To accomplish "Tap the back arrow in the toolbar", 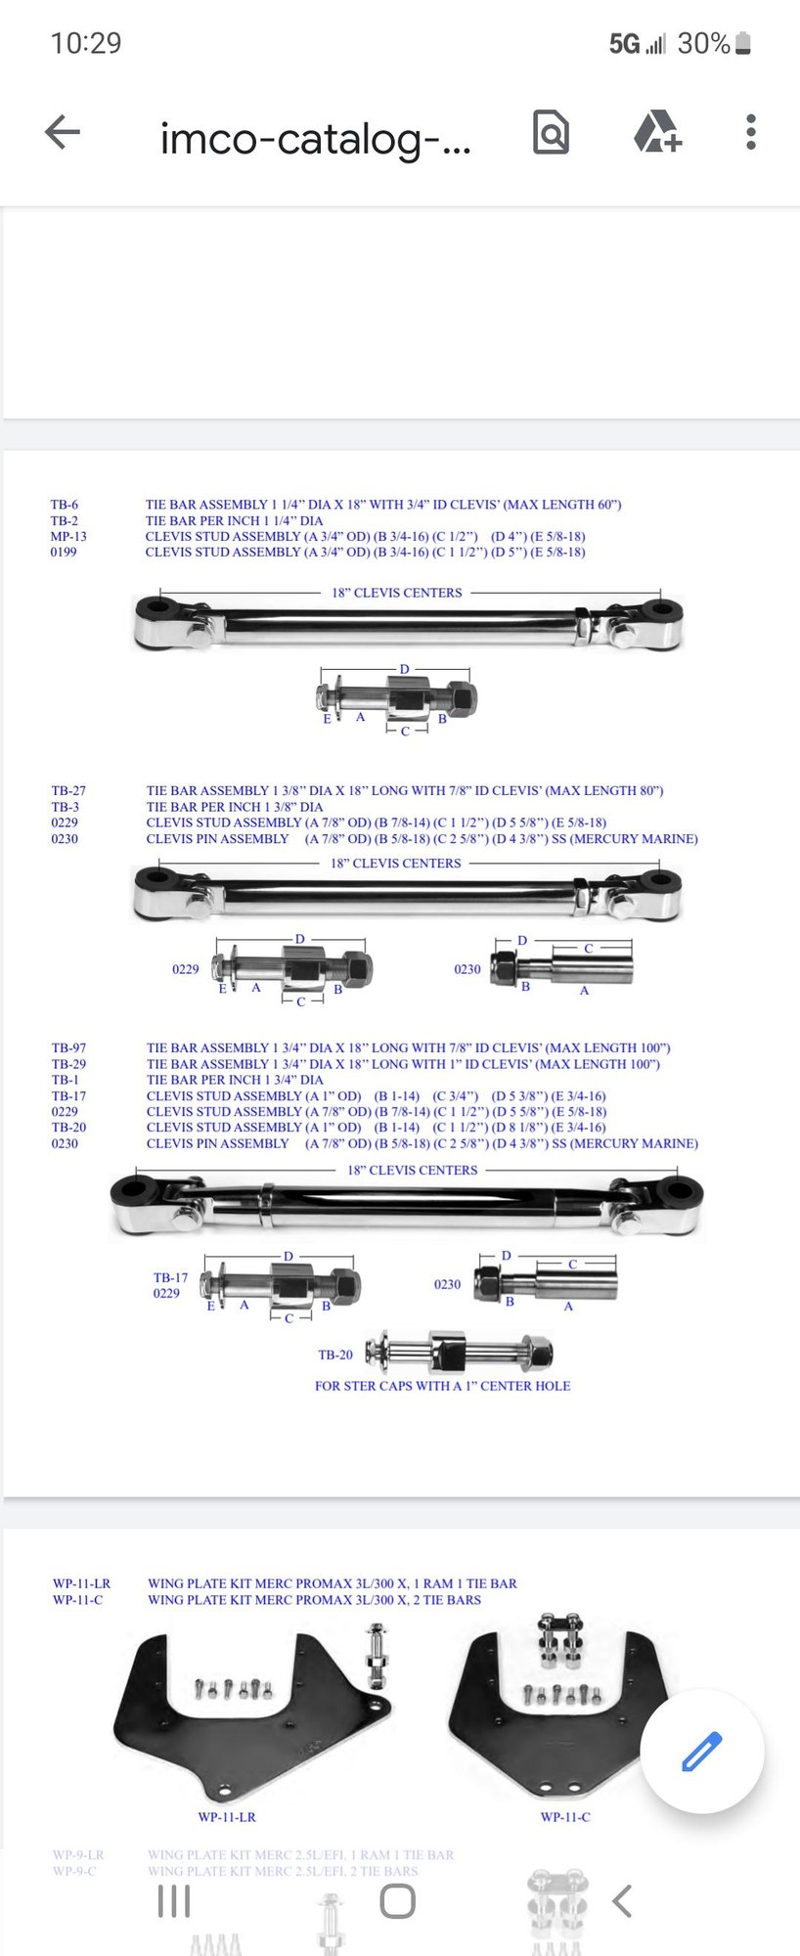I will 63,132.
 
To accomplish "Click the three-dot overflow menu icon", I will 750,132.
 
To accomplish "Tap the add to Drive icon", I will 657,132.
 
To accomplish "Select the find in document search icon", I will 551,132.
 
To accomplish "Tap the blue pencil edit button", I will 701,1751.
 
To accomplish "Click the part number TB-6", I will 65,505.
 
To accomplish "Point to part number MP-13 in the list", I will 68,536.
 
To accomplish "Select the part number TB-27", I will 68,790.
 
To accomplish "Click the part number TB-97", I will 68,1047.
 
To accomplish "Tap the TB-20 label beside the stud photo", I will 335,1355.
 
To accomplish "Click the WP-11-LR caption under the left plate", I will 227,1817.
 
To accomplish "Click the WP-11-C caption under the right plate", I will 565,1817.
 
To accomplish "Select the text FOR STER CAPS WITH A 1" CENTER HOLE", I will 442,1386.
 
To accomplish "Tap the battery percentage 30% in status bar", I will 703,43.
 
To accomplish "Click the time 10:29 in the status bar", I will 86,43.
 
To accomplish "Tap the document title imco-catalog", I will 315,138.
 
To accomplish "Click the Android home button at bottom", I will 397,1901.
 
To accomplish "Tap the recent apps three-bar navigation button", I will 174,1901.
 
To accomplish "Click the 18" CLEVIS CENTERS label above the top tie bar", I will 396,593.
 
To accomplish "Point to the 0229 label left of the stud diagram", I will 185,969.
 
